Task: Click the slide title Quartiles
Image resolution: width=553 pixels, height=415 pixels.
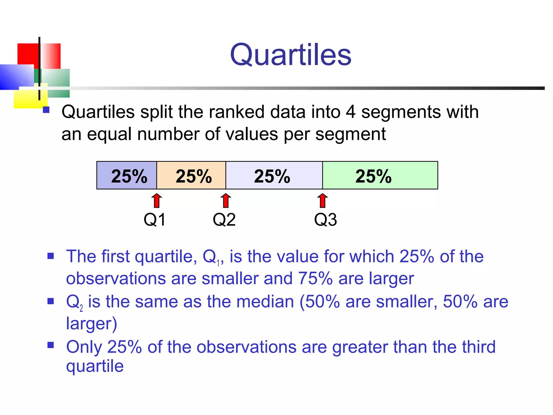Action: click(x=291, y=55)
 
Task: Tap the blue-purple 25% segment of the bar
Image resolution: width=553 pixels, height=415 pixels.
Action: click(x=127, y=176)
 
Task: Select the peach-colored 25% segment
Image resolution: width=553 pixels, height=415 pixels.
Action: click(x=191, y=176)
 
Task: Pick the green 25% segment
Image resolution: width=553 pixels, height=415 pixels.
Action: click(x=380, y=176)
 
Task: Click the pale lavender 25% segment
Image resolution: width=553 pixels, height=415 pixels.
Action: click(x=274, y=176)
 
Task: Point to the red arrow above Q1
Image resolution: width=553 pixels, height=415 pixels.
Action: click(x=157, y=201)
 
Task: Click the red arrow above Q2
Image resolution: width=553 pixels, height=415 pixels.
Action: click(x=226, y=201)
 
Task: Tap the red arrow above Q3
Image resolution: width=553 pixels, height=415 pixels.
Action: click(x=322, y=201)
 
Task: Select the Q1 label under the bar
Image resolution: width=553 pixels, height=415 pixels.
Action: click(x=154, y=220)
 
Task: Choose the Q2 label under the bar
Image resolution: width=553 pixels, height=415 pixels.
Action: click(x=224, y=220)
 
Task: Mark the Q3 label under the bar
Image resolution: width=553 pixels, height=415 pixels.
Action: click(x=325, y=220)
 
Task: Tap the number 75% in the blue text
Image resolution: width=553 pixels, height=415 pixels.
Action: click(x=315, y=279)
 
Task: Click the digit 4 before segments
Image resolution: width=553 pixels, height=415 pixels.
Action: click(x=350, y=112)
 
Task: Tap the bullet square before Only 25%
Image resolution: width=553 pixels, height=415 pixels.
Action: click(x=50, y=345)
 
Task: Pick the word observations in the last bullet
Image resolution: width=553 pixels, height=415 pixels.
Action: click(x=246, y=347)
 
